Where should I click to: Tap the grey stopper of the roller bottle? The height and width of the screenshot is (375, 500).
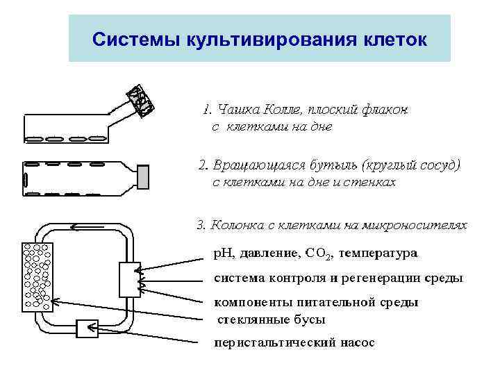[143, 177]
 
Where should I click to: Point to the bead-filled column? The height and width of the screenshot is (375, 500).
[37, 277]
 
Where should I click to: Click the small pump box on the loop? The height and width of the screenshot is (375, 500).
[88, 328]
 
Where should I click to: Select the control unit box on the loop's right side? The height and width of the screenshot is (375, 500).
[130, 279]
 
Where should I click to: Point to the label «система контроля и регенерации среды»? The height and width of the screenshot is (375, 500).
[337, 278]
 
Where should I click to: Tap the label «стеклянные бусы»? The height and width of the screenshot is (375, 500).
[272, 319]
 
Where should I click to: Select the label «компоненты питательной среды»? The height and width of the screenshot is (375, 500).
[316, 303]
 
